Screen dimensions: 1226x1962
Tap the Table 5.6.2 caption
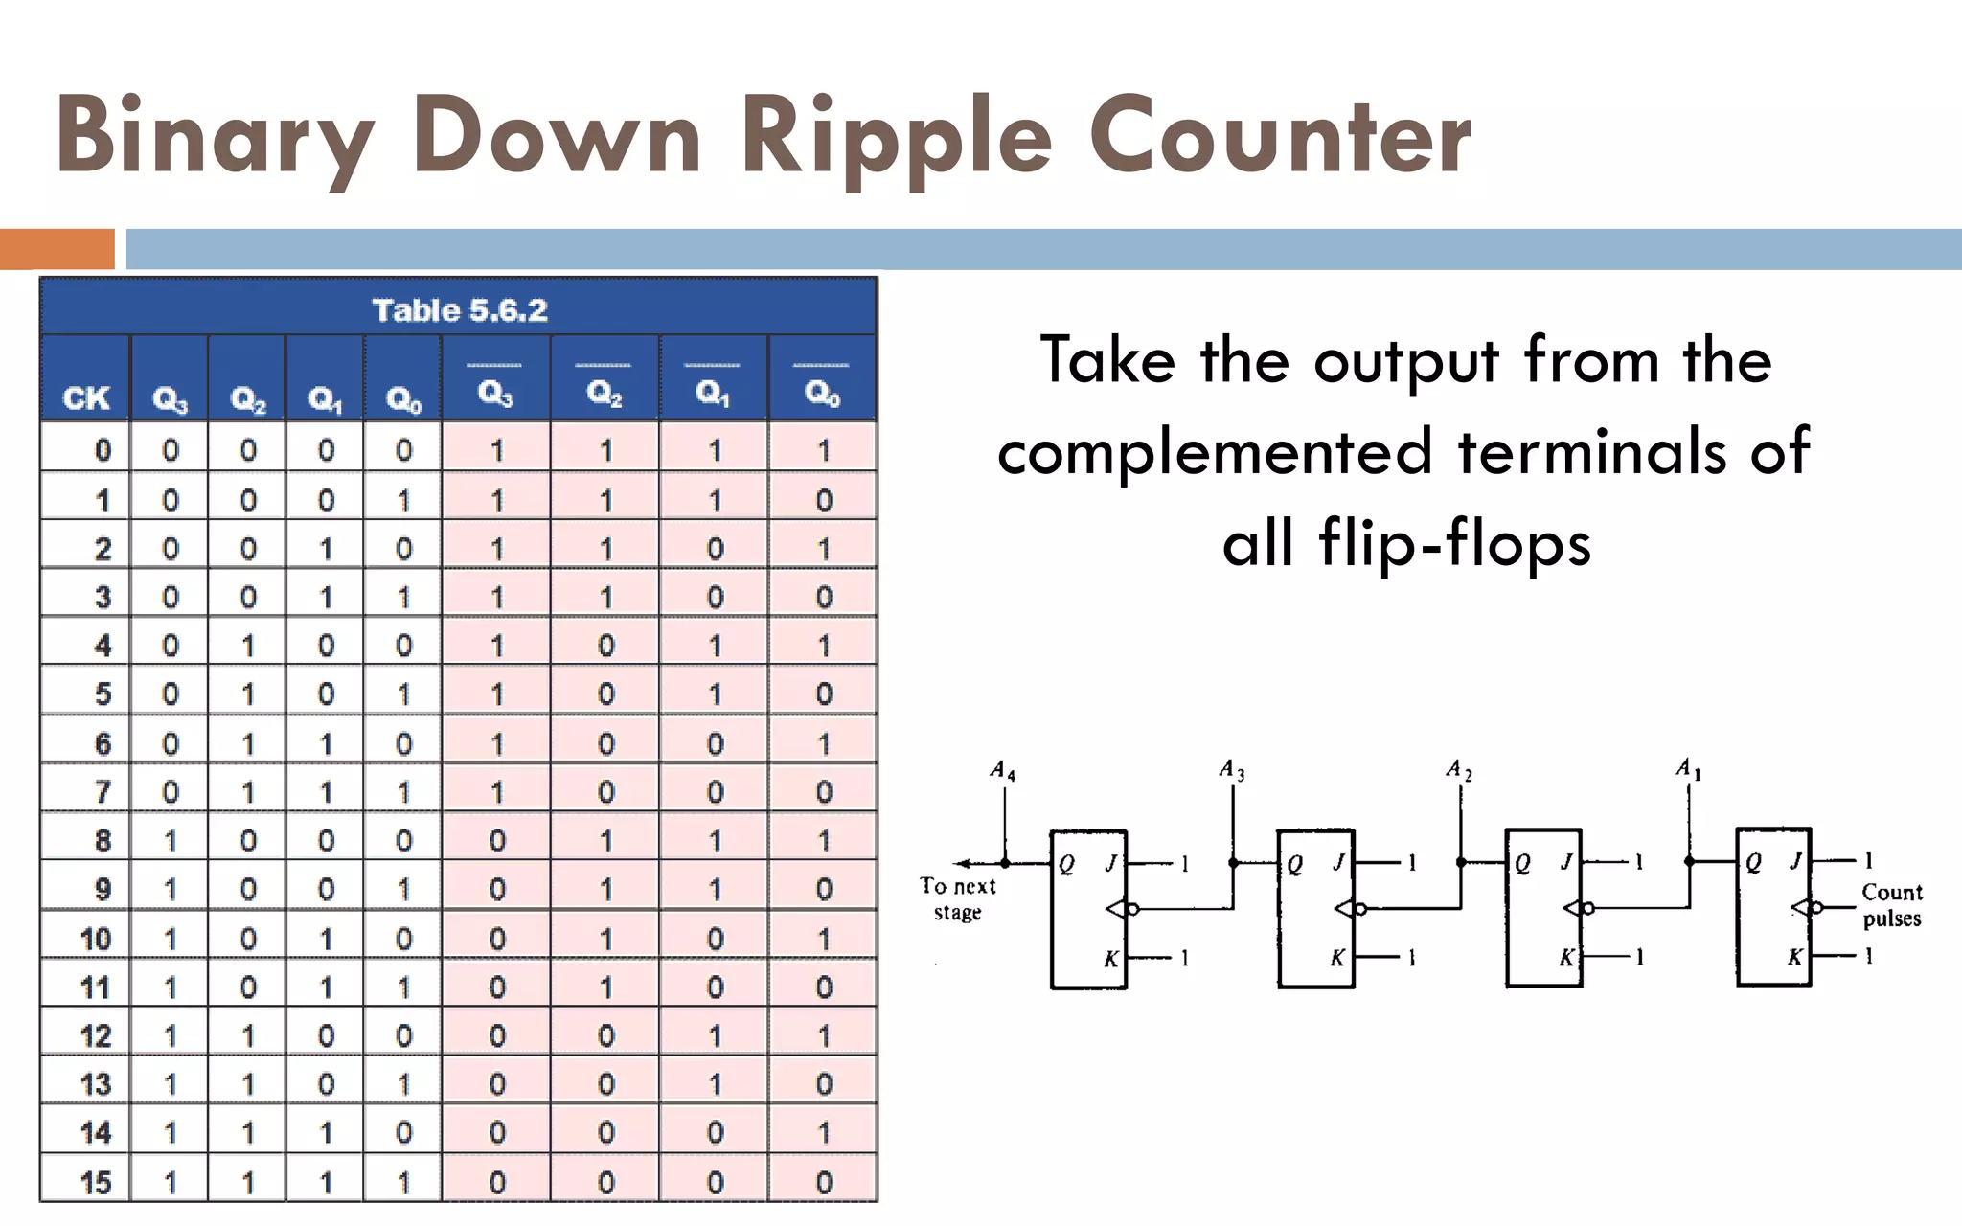point(459,310)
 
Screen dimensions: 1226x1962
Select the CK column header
point(86,397)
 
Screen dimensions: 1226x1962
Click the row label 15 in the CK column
point(96,1182)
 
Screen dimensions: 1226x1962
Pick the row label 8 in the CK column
point(103,841)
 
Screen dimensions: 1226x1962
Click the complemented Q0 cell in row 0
point(823,451)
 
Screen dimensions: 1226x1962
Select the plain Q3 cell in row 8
point(171,841)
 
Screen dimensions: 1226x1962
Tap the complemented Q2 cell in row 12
point(605,1035)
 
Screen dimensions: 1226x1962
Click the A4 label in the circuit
point(1002,771)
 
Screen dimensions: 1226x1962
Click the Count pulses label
point(1891,905)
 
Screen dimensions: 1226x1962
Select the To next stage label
point(958,898)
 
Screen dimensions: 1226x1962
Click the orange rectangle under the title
point(57,249)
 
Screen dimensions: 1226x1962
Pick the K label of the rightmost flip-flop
point(1794,956)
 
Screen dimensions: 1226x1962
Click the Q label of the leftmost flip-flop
point(1066,865)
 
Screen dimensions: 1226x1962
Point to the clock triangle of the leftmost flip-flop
point(1115,908)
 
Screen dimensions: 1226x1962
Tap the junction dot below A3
point(1233,862)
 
